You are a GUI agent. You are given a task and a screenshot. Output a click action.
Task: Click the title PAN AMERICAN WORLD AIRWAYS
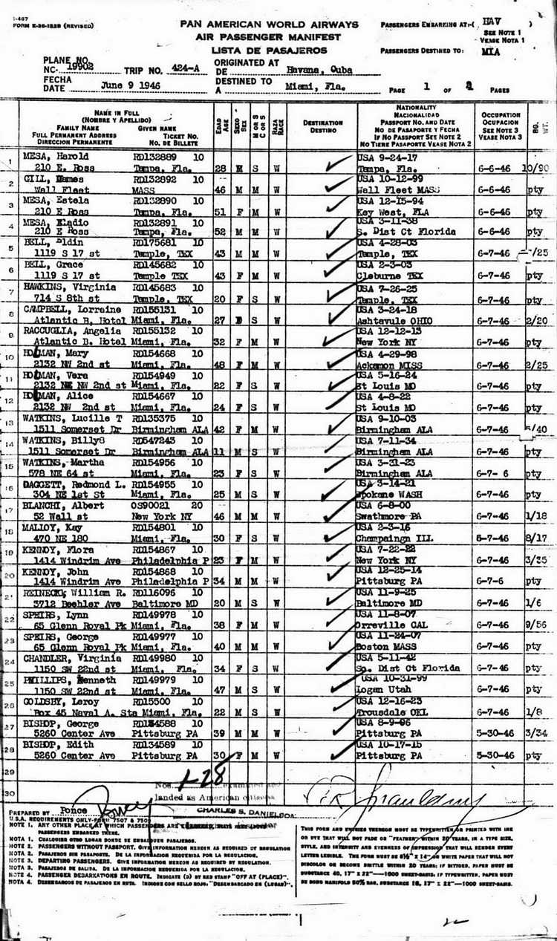(268, 25)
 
